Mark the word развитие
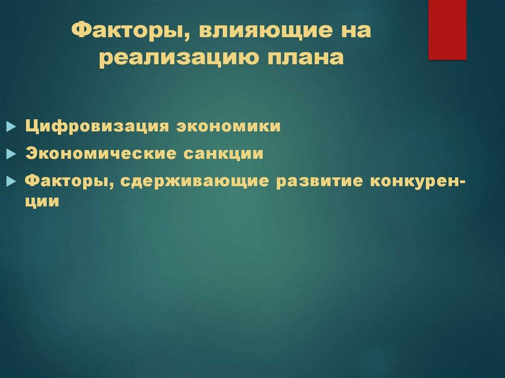click(317, 182)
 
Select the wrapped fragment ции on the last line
click(43, 202)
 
